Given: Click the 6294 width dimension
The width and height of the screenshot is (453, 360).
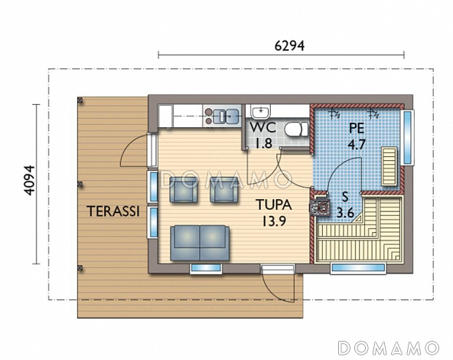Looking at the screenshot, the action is (289, 45).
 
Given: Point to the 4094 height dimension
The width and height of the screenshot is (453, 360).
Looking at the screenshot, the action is (29, 181).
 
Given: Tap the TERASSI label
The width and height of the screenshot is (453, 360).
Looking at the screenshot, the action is (113, 211).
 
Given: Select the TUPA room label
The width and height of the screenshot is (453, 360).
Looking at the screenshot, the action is (274, 205).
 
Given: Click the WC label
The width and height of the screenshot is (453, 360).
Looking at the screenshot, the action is (262, 127).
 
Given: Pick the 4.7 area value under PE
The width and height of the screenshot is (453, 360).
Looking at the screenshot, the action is (357, 144).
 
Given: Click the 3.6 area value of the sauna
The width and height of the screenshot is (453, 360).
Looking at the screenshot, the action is (345, 213).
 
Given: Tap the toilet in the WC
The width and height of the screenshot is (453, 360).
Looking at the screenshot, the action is (296, 129).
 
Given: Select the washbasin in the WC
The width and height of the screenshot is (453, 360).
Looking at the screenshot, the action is (261, 112).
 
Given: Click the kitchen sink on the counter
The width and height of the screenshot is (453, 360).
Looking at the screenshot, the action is (227, 116).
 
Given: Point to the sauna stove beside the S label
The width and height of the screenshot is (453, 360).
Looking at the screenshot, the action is (320, 207).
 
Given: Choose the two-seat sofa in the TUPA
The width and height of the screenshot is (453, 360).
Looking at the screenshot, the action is (200, 243).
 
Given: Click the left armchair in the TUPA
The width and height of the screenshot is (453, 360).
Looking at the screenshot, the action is (184, 190).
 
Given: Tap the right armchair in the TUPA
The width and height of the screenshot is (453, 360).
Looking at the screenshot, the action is (224, 190).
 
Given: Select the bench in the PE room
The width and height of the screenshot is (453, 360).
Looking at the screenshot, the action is (389, 166).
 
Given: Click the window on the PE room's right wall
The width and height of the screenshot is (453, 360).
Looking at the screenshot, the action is (407, 137).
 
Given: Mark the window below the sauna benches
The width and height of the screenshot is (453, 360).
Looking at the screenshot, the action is (358, 267).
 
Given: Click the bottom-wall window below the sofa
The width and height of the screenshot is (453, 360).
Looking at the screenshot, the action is (206, 268).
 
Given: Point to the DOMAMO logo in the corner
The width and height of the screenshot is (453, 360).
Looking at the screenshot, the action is (389, 348).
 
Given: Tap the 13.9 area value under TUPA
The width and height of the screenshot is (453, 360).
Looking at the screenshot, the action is (274, 221).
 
